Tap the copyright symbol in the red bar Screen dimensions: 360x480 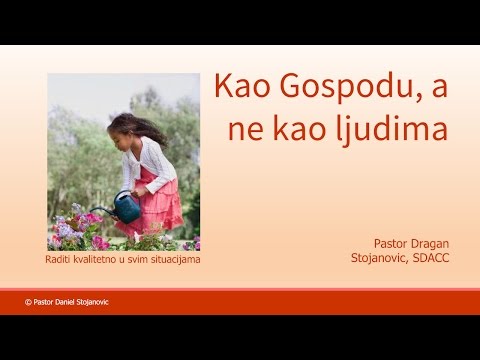pyautogui.click(x=28, y=301)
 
